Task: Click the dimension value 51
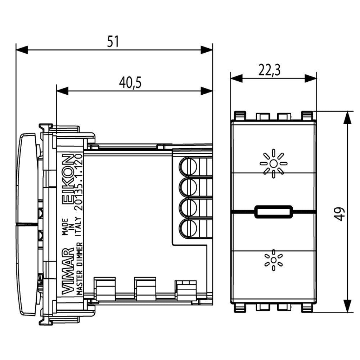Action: [x=113, y=41]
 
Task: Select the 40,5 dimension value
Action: [x=130, y=83]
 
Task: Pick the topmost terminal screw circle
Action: [x=188, y=167]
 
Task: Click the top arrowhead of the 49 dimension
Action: [x=347, y=117]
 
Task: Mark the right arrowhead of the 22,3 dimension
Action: [x=310, y=78]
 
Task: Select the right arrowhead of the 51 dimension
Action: [x=207, y=50]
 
